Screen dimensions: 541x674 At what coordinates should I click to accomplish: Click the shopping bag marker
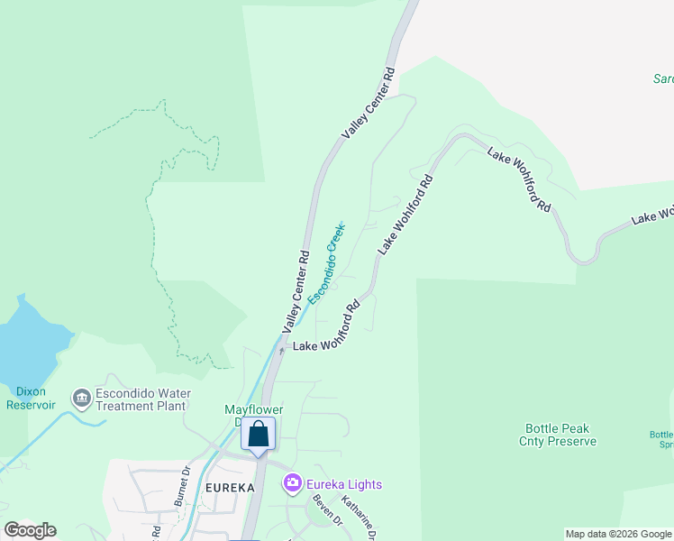click(x=258, y=436)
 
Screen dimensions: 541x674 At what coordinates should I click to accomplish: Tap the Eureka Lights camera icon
click(x=292, y=484)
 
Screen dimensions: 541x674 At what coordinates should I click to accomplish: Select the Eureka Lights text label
click(x=344, y=484)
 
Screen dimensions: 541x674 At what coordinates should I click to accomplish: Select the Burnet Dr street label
click(x=186, y=483)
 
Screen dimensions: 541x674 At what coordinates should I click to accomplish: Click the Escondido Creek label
click(x=327, y=262)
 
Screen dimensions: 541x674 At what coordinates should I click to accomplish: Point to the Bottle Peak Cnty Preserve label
click(x=558, y=436)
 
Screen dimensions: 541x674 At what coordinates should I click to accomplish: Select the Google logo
click(x=30, y=530)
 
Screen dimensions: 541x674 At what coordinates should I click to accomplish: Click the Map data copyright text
click(x=619, y=534)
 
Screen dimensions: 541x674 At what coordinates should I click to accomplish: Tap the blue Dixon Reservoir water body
click(x=27, y=338)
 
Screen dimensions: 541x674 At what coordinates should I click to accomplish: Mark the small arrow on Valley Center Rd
click(x=281, y=352)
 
